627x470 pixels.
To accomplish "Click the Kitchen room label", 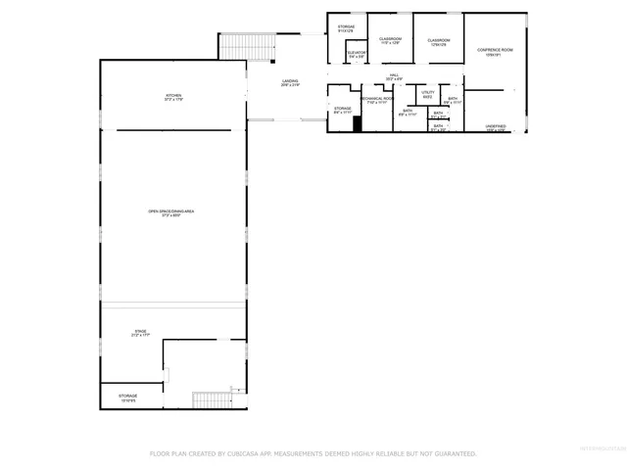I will pos(173,97).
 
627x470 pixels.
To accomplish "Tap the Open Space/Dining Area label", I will pos(170,212).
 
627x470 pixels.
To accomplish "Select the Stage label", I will pos(140,334).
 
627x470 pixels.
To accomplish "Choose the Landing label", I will pos(290,83).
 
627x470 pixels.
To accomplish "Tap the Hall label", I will pos(394,76).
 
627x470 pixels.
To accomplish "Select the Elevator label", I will pos(357,55).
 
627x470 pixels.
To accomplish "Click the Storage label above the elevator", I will pos(346,28).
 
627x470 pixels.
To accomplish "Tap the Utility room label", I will pos(428,94).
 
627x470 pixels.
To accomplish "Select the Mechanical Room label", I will pos(376,100).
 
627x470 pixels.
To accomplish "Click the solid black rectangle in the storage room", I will pos(358,123).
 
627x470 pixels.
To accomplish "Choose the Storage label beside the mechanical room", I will pos(342,110).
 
